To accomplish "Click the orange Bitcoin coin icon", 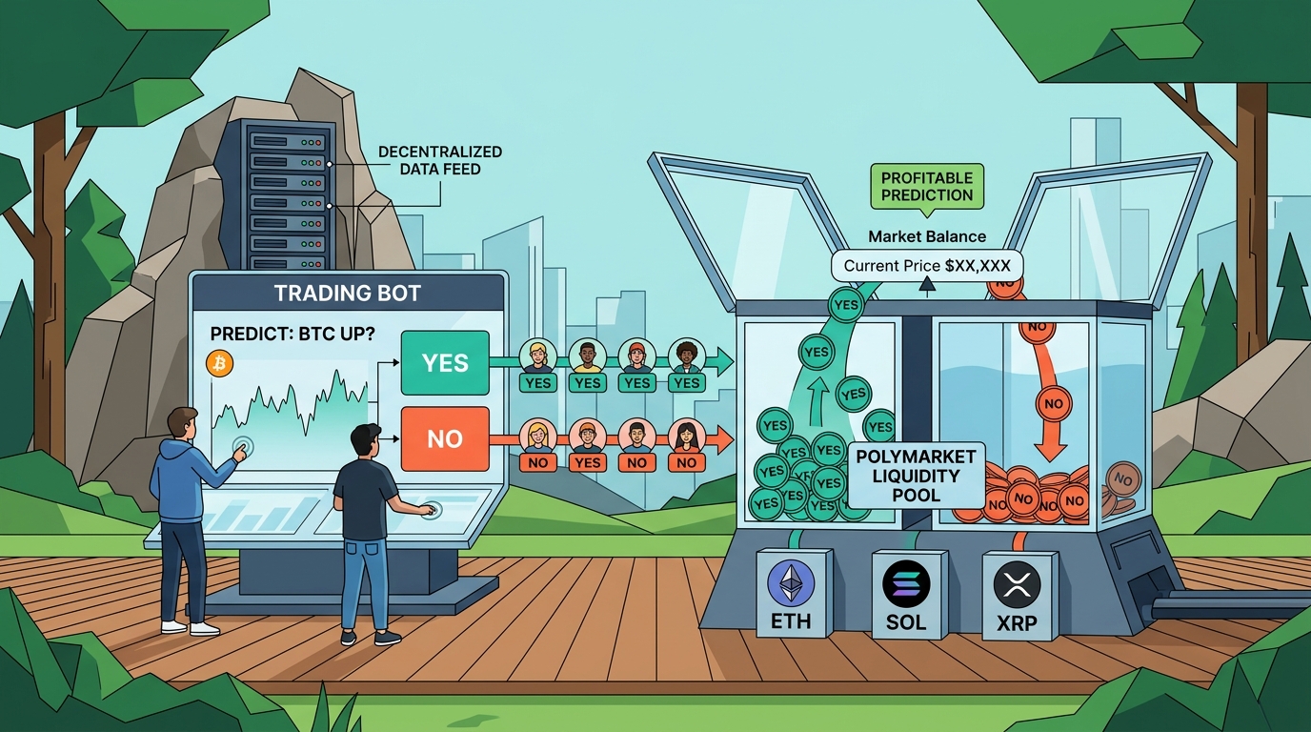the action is pyautogui.click(x=219, y=364).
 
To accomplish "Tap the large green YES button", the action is pyautogui.click(x=445, y=362).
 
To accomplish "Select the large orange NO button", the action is pyautogui.click(x=445, y=438).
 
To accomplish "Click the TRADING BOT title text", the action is pyautogui.click(x=348, y=293).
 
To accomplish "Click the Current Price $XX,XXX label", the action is pyautogui.click(x=927, y=266).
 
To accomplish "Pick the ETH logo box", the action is pyautogui.click(x=793, y=593).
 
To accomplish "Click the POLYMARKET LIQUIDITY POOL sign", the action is pyautogui.click(x=916, y=476).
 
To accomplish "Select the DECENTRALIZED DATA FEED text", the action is pyautogui.click(x=440, y=160).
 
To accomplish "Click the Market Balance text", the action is pyautogui.click(x=927, y=236).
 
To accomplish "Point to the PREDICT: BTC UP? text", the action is pyautogui.click(x=292, y=334).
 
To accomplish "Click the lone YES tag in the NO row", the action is pyautogui.click(x=587, y=462).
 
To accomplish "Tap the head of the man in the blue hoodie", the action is pyautogui.click(x=182, y=424).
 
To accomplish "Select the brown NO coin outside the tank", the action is pyautogui.click(x=1123, y=479).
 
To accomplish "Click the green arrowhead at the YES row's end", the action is pyautogui.click(x=724, y=361).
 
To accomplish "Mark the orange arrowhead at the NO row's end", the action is pyautogui.click(x=724, y=439).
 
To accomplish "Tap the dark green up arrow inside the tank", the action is pyautogui.click(x=818, y=400).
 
